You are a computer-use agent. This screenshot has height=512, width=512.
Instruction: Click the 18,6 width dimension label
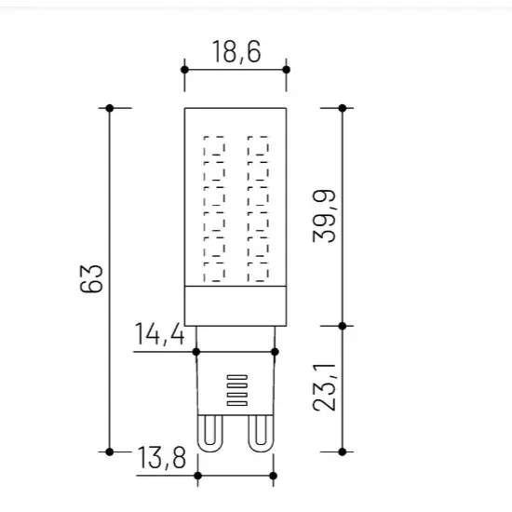tap(236, 51)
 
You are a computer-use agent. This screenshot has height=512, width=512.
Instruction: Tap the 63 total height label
tap(91, 278)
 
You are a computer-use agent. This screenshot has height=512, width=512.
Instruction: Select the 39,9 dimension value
tap(324, 216)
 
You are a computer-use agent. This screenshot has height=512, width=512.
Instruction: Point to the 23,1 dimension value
tap(324, 387)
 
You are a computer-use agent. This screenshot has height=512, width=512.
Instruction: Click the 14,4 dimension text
tap(160, 334)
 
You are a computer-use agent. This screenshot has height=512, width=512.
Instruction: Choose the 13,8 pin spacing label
tap(162, 458)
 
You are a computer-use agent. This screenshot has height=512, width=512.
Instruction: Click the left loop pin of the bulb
tap(210, 434)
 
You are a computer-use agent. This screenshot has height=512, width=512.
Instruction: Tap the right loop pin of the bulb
tap(261, 434)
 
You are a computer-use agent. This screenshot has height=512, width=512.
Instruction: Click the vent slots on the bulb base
tap(237, 390)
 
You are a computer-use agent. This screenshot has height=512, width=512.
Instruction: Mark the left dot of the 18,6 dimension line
tap(184, 70)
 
